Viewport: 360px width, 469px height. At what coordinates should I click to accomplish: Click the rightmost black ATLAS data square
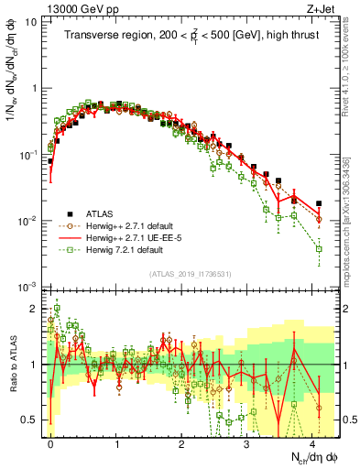(x=319, y=203)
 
